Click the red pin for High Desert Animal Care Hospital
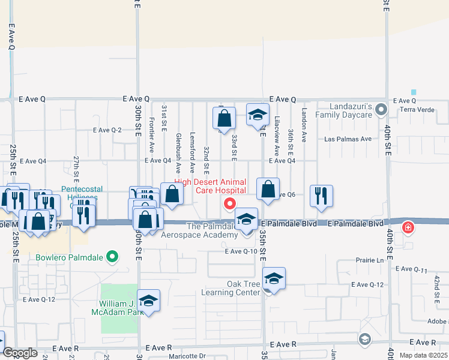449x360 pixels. click(229, 205)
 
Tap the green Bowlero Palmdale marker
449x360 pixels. click(112, 258)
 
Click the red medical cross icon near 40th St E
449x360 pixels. click(408, 227)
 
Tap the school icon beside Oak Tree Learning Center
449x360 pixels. click(273, 279)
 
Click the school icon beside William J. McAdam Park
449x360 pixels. click(148, 301)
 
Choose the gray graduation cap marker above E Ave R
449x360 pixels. click(364, 340)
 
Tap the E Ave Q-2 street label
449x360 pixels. click(107, 130)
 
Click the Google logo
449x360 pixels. click(20, 353)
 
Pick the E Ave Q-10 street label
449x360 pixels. click(241, 251)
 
